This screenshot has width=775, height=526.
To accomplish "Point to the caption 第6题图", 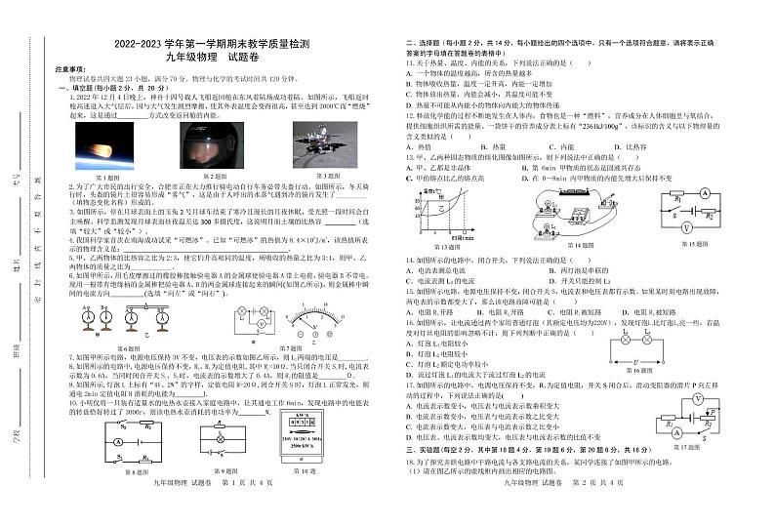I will (x=129, y=348).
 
